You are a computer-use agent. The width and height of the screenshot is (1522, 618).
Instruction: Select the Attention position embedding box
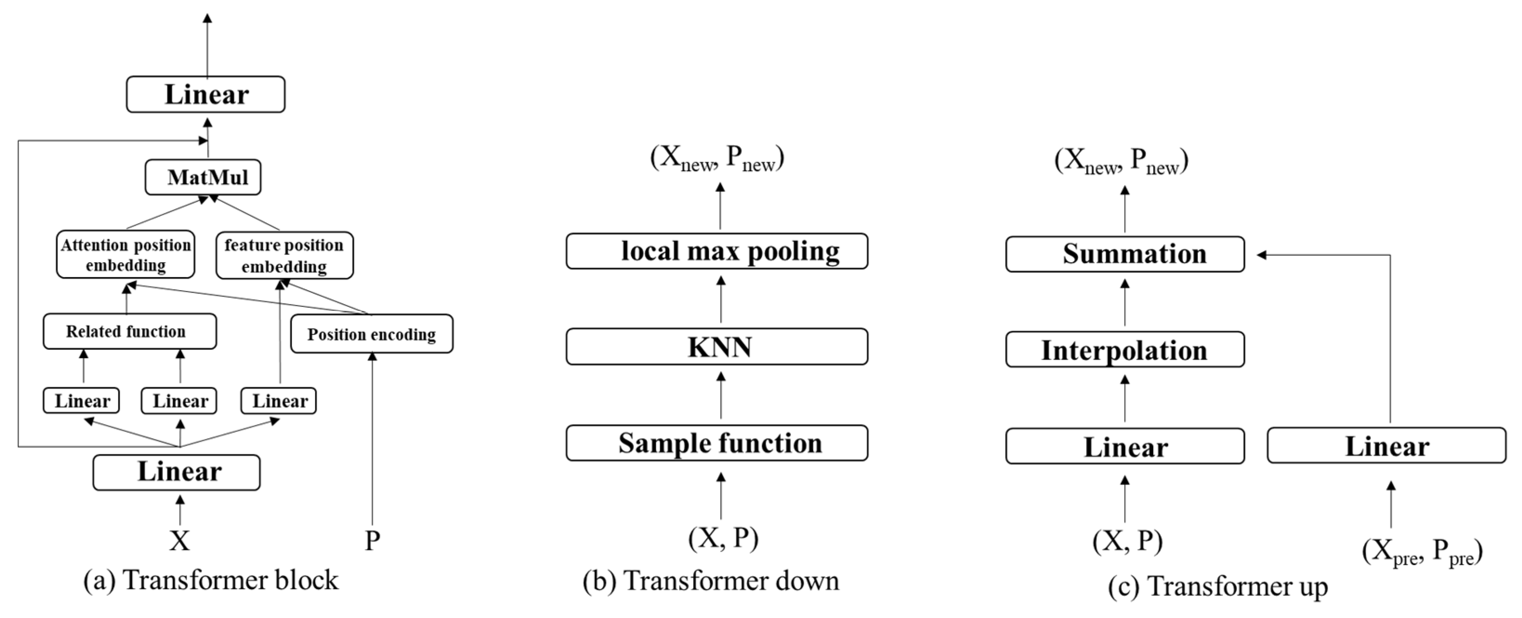[125, 254]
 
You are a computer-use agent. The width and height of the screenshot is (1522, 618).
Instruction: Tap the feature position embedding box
[284, 255]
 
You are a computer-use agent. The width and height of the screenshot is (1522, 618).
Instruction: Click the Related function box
[130, 331]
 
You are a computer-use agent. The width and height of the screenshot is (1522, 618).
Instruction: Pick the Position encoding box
[372, 334]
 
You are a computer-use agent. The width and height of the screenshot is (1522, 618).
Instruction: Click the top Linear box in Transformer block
[206, 94]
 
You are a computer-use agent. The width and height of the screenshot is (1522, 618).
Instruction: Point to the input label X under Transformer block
[180, 540]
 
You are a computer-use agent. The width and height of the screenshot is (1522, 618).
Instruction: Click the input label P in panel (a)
[372, 540]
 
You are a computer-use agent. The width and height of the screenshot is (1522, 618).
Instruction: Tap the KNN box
[717, 346]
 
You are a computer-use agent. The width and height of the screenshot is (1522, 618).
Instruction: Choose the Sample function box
[717, 443]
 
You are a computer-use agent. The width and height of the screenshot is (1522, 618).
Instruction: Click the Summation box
[1124, 254]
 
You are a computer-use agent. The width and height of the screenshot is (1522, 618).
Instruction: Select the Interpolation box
[1124, 350]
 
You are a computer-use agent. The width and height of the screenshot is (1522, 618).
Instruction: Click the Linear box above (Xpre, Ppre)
[1386, 446]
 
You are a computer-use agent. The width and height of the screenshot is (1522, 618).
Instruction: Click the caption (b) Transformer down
[711, 581]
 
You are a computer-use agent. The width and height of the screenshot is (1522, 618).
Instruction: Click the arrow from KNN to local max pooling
[720, 299]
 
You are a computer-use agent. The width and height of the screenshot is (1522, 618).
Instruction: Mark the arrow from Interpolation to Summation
[1124, 302]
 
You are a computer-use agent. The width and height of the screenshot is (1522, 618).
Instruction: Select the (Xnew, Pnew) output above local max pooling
[717, 158]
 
